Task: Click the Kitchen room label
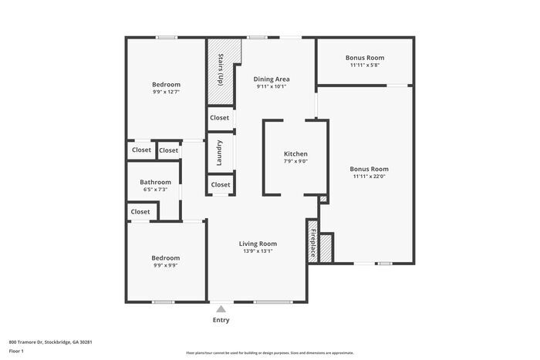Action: tap(295, 154)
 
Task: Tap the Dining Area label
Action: tap(272, 79)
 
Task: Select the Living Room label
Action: tap(257, 243)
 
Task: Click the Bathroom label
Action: tap(155, 183)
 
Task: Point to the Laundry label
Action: tap(220, 153)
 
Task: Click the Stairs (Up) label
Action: tap(221, 69)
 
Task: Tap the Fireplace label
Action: tap(312, 243)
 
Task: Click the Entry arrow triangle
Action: tap(221, 309)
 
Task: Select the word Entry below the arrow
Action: tap(221, 320)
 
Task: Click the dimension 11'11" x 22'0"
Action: tap(369, 177)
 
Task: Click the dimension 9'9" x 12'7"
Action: tap(166, 92)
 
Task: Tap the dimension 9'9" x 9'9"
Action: tap(165, 265)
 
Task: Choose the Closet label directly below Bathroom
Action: tap(140, 211)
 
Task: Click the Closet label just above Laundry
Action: tap(220, 118)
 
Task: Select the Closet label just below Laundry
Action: tap(221, 185)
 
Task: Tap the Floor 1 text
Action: tap(16, 352)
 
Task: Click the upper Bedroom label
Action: tap(166, 84)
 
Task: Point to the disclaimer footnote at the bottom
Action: tap(269, 351)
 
